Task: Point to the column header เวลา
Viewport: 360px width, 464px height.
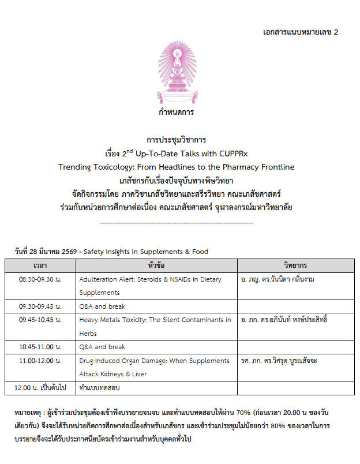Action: pyautogui.click(x=40, y=265)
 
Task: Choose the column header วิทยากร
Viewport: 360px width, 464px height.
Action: pyautogui.click(x=295, y=265)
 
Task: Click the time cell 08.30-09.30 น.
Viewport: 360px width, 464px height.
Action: pyautogui.click(x=40, y=279)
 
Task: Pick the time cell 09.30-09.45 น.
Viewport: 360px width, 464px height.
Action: pyautogui.click(x=40, y=306)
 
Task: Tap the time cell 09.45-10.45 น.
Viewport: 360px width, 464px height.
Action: pyautogui.click(x=40, y=320)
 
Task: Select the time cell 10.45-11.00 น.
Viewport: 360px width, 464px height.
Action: pyautogui.click(x=40, y=347)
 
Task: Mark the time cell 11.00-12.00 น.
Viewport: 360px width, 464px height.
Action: pyautogui.click(x=40, y=361)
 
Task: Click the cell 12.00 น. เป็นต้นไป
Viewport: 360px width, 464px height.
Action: pyautogui.click(x=40, y=388)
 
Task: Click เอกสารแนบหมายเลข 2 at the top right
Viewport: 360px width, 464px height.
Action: pyautogui.click(x=300, y=31)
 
